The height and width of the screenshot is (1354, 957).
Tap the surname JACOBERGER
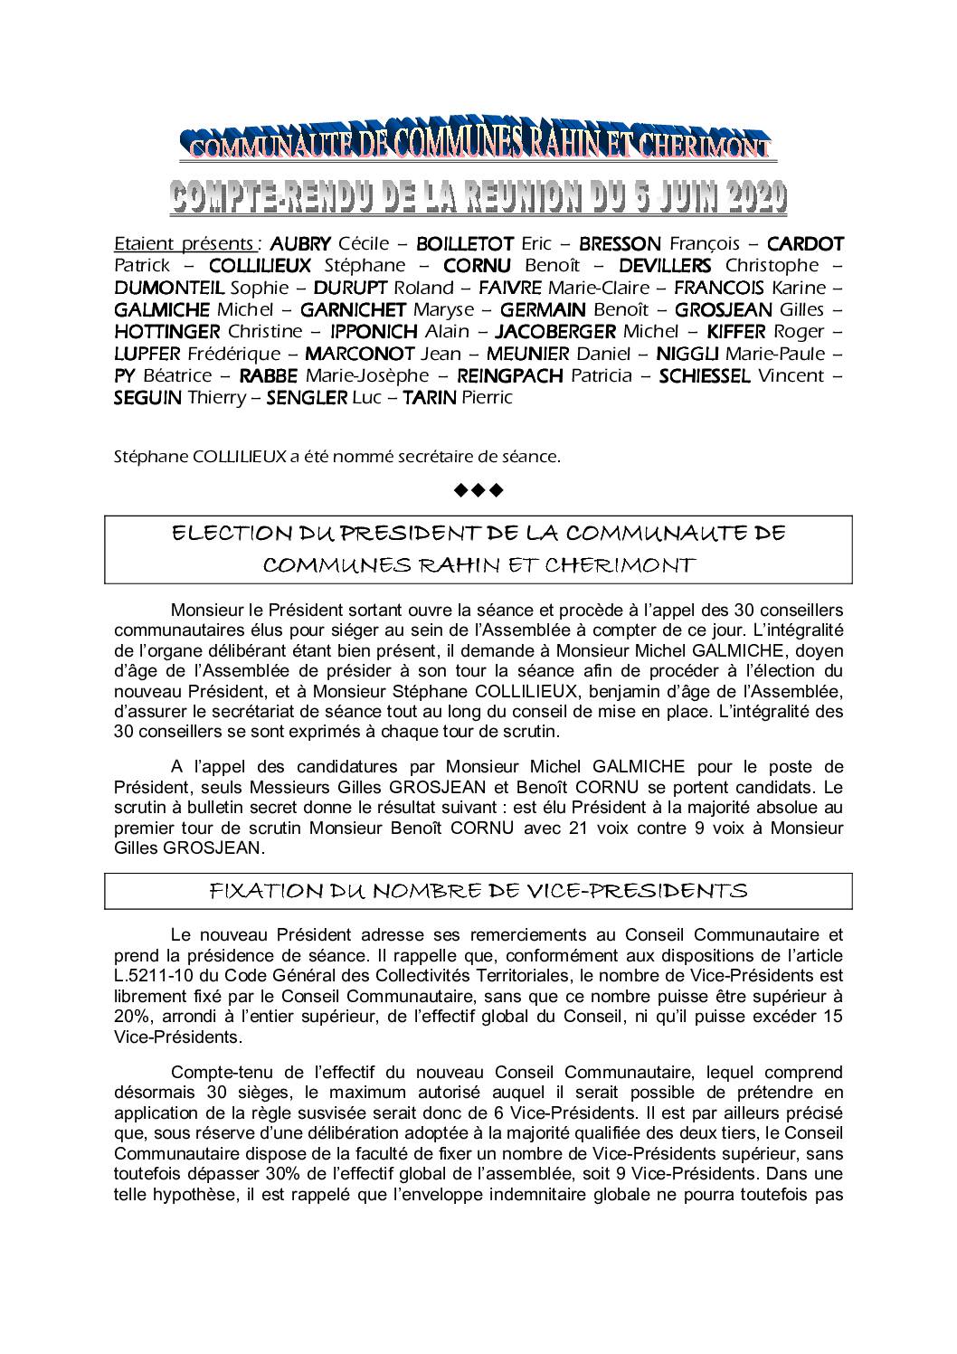click(x=556, y=331)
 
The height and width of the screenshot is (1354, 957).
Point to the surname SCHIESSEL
click(x=704, y=375)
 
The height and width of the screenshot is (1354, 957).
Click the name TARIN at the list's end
click(x=429, y=398)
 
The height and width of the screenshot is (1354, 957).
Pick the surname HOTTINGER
click(x=167, y=331)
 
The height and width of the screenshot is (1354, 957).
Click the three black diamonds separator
click(x=478, y=491)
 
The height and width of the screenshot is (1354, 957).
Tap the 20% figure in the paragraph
click(x=132, y=1016)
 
